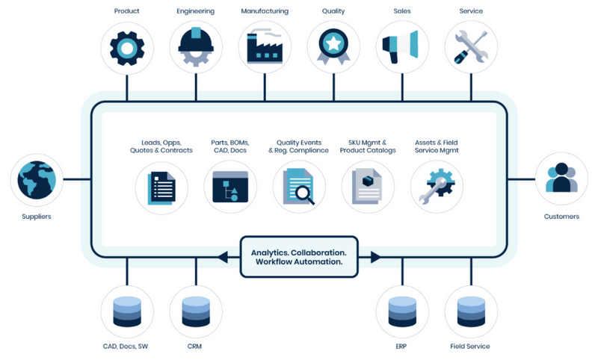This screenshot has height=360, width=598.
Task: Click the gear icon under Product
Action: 126,47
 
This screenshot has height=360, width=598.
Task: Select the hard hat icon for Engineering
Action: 196,47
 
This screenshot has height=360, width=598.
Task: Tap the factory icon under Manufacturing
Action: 265,47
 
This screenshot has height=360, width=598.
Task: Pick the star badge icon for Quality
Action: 333,47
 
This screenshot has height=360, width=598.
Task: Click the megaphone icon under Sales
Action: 402,47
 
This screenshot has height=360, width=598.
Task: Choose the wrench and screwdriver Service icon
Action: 471,47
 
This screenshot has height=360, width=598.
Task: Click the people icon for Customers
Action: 561,180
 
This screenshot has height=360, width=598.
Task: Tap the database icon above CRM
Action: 196,311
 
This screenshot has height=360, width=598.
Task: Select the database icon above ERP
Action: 402,311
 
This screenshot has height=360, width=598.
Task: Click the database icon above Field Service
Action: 471,311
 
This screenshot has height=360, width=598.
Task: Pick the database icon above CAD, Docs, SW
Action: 126,311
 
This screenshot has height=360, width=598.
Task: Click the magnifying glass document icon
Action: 299,187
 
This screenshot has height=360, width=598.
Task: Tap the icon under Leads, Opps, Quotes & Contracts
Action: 161,187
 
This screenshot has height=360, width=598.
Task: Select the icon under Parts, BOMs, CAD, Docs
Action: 230,187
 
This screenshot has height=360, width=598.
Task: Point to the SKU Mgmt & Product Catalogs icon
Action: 368,187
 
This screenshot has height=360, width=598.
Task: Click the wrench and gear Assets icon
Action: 437,187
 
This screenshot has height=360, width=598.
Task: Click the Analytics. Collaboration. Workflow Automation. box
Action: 299,257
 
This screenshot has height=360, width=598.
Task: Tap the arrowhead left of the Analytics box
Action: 223,257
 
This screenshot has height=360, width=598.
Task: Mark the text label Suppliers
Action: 37,217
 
